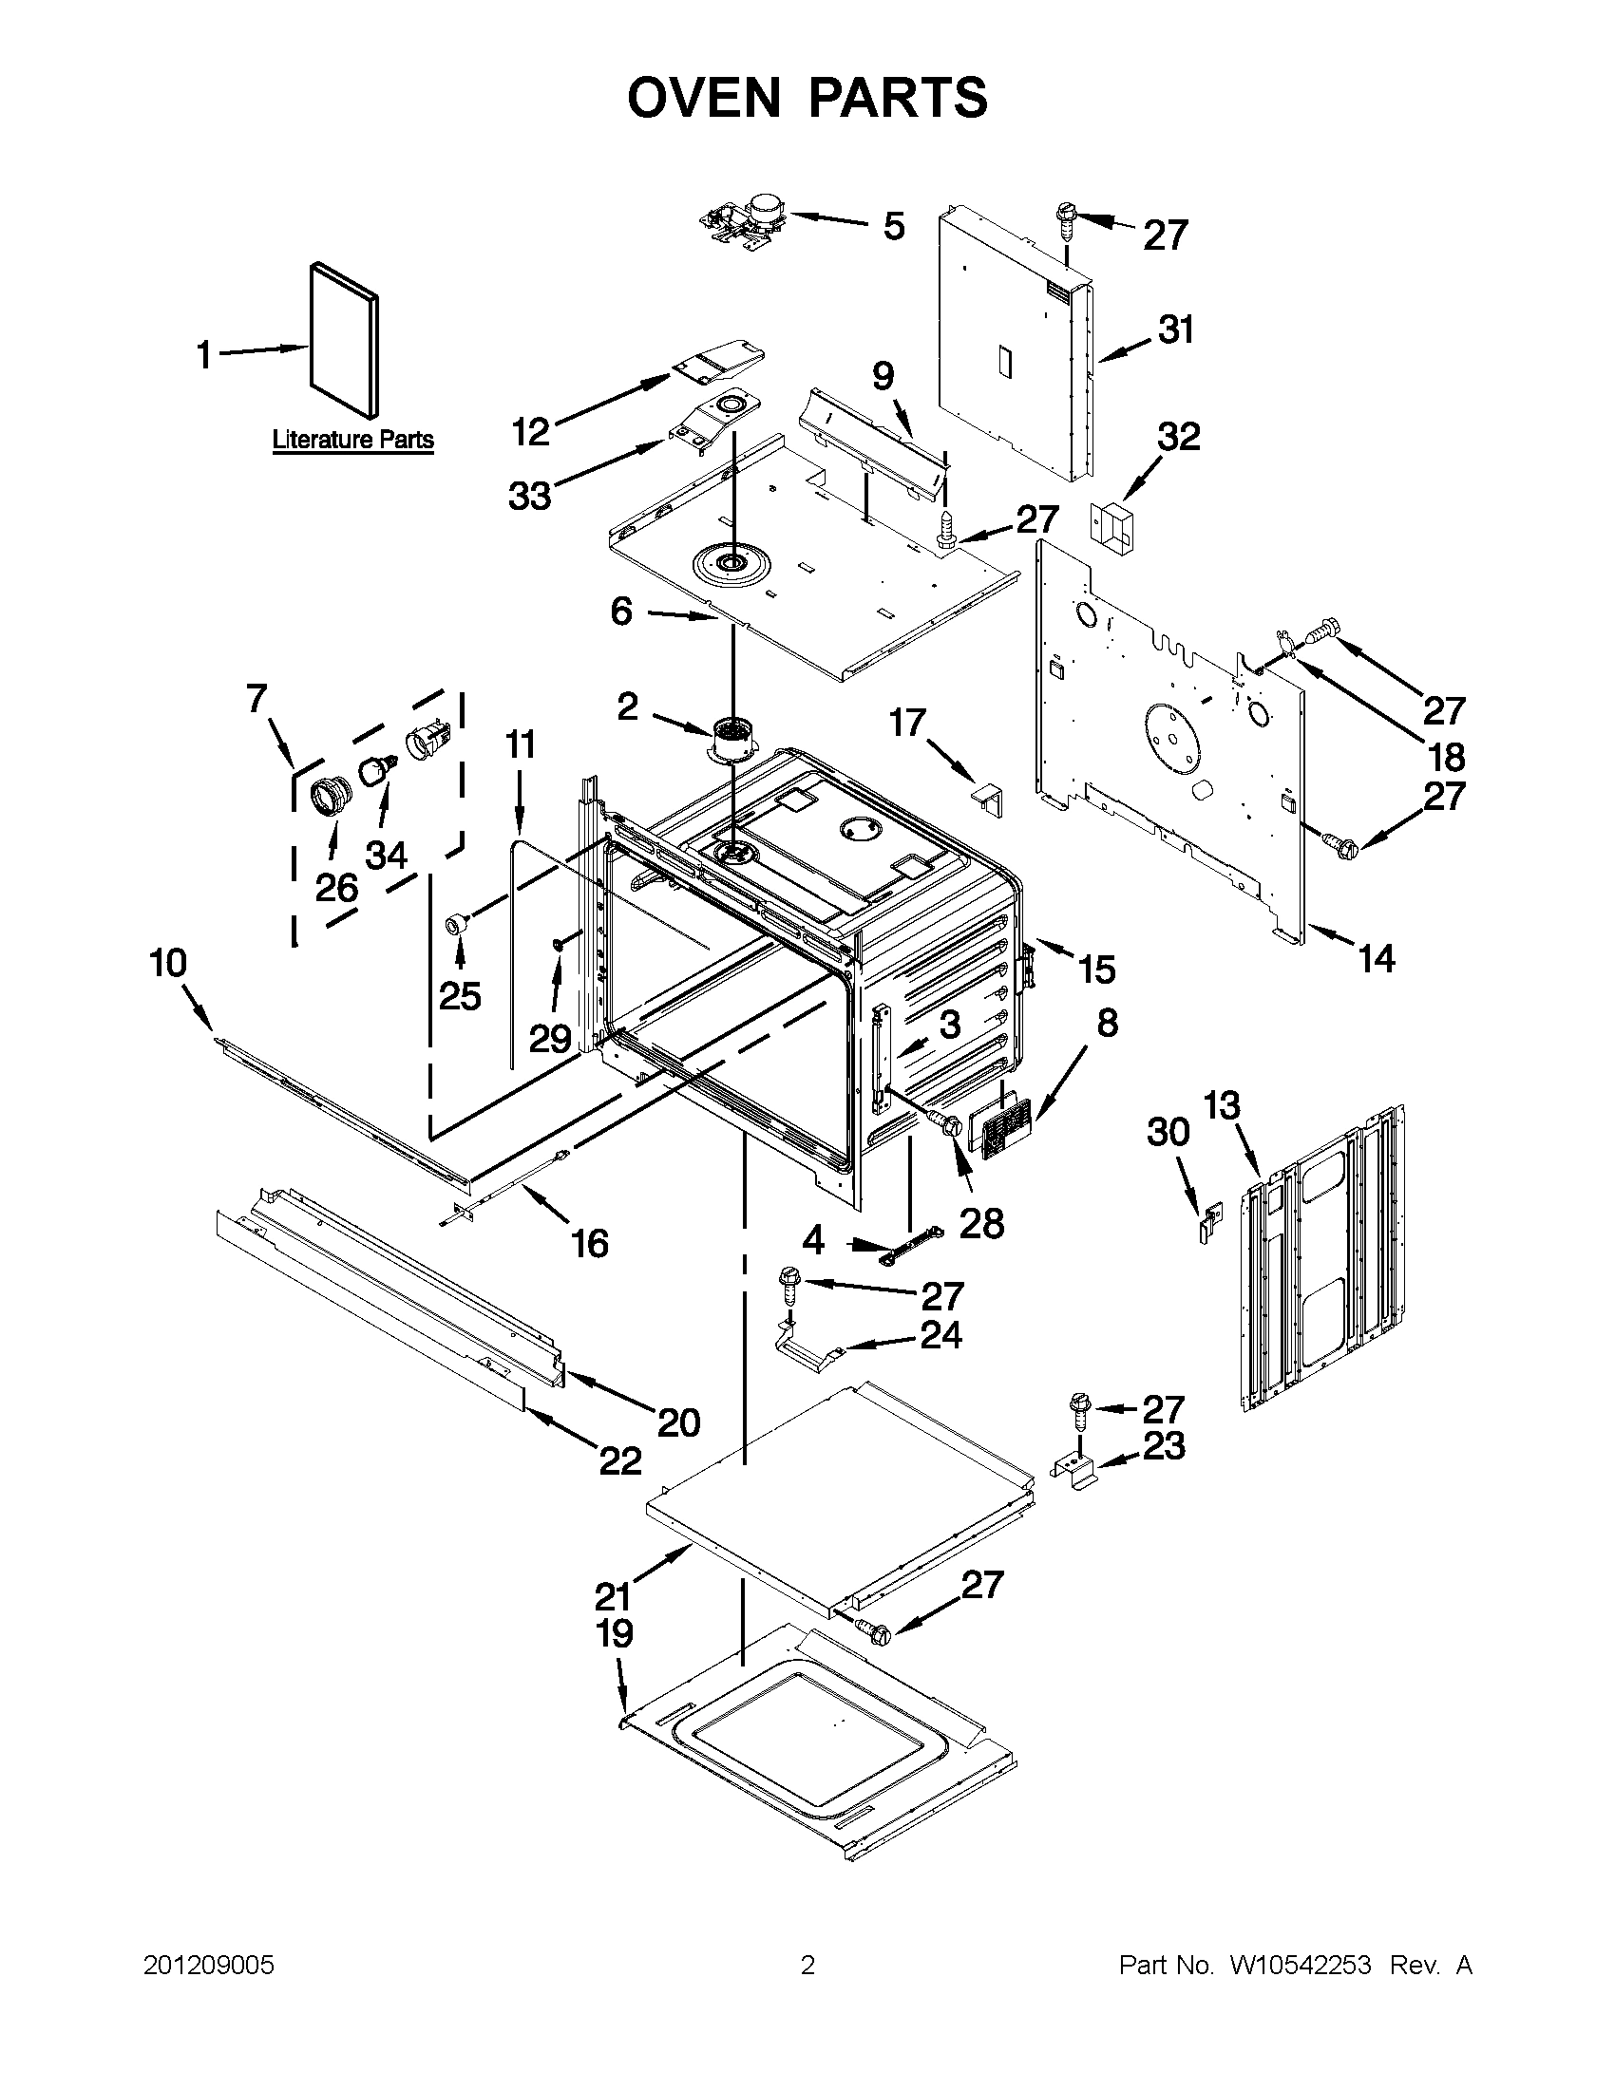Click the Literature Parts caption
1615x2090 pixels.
(352, 441)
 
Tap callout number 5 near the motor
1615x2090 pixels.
(892, 227)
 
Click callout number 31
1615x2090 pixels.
(1175, 330)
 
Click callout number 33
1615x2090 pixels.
(529, 496)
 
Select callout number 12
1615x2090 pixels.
(530, 432)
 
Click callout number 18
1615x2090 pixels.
(1446, 756)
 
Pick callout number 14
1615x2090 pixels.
(1376, 958)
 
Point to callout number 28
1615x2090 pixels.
(981, 1222)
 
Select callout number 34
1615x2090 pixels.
(386, 855)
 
